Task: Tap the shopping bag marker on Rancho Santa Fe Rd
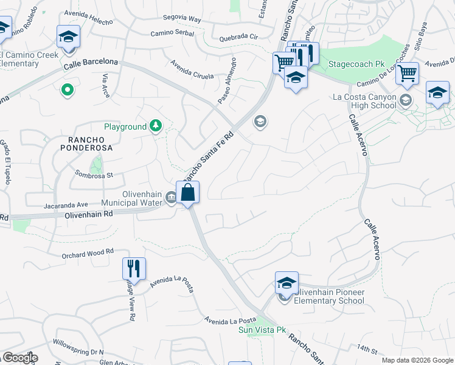(188, 193)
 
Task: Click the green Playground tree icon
(156, 126)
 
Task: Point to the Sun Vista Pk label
(262, 330)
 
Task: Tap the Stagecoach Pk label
(357, 64)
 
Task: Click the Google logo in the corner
(19, 358)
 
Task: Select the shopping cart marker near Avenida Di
(407, 72)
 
